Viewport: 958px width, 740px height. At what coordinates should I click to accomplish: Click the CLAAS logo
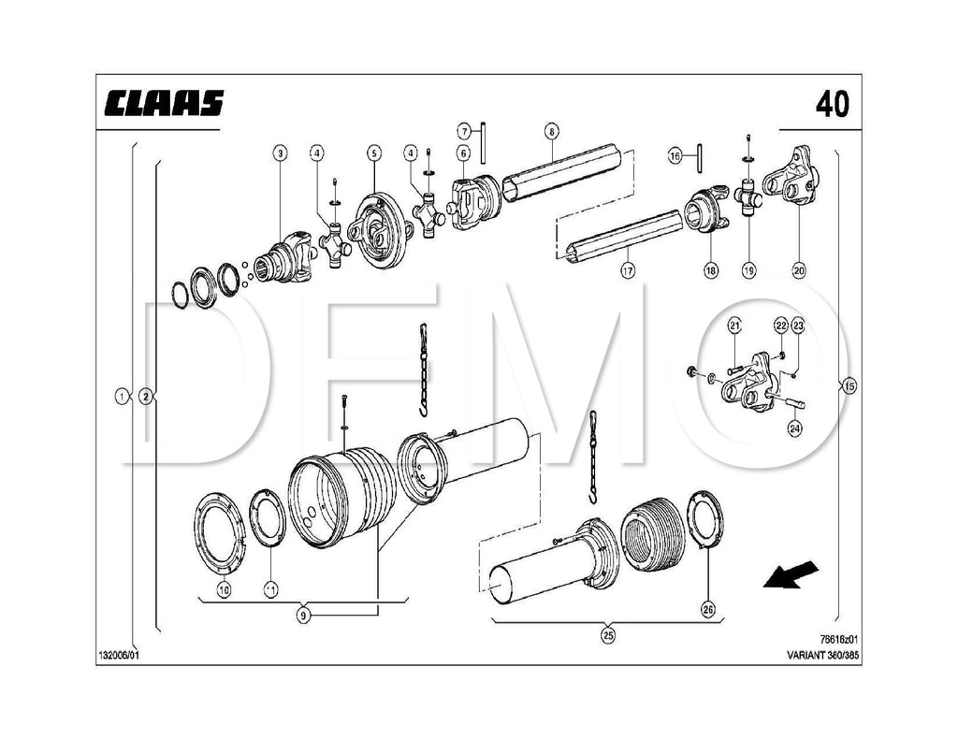point(164,103)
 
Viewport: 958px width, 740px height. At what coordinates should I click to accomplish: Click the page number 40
point(832,104)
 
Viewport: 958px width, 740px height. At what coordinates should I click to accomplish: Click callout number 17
point(627,270)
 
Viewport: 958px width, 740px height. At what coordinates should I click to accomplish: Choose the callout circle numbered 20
point(798,270)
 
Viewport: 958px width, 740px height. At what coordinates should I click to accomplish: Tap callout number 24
point(794,429)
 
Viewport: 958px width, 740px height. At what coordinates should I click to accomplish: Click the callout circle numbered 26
point(708,610)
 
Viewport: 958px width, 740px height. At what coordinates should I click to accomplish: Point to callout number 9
point(303,615)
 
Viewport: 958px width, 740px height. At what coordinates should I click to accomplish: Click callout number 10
point(224,589)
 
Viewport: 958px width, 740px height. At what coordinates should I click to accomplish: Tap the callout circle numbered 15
point(849,386)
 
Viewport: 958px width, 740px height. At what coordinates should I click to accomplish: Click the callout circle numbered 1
point(122,396)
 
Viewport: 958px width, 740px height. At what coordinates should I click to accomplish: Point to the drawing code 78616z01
point(838,640)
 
